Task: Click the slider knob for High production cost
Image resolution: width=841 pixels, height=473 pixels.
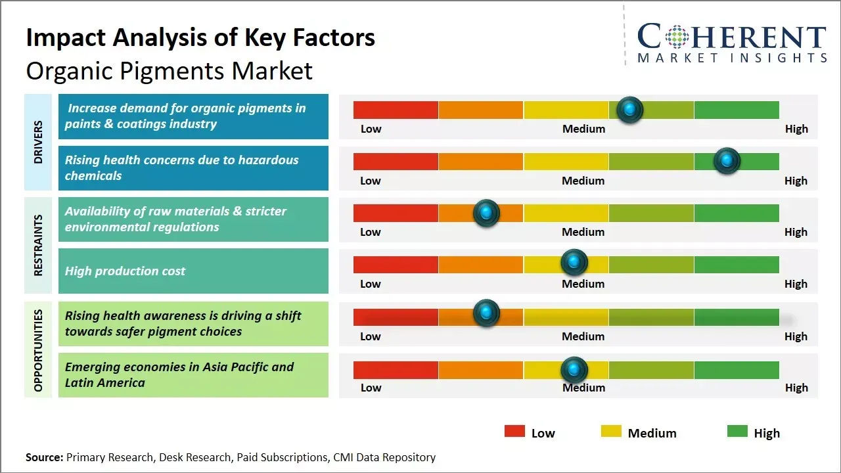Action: click(574, 263)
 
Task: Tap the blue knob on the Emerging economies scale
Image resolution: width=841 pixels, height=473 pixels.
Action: click(574, 370)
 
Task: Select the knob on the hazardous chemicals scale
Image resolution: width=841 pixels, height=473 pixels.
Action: click(727, 161)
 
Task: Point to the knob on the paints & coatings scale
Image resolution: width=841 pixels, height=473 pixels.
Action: click(630, 110)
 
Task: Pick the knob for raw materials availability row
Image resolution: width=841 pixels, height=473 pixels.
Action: click(486, 213)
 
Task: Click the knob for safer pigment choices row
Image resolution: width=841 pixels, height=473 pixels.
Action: click(486, 313)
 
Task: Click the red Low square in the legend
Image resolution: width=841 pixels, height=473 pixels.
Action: click(514, 431)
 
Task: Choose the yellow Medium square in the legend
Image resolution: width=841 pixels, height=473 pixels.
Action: click(611, 431)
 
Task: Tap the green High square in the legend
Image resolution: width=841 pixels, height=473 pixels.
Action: click(737, 431)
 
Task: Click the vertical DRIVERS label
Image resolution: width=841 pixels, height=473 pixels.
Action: click(38, 142)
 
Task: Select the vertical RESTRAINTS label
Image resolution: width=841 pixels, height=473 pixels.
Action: click(38, 245)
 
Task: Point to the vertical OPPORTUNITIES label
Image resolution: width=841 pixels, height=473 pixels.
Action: click(38, 350)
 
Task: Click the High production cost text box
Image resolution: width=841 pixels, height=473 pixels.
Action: click(193, 271)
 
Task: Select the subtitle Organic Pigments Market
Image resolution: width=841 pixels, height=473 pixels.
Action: click(169, 70)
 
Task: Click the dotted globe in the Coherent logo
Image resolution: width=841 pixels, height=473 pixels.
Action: click(676, 37)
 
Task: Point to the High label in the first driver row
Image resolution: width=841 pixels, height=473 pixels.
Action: click(796, 129)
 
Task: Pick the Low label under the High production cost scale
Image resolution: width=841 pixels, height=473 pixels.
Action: click(371, 284)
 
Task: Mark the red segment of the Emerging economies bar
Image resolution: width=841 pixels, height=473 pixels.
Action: click(396, 370)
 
